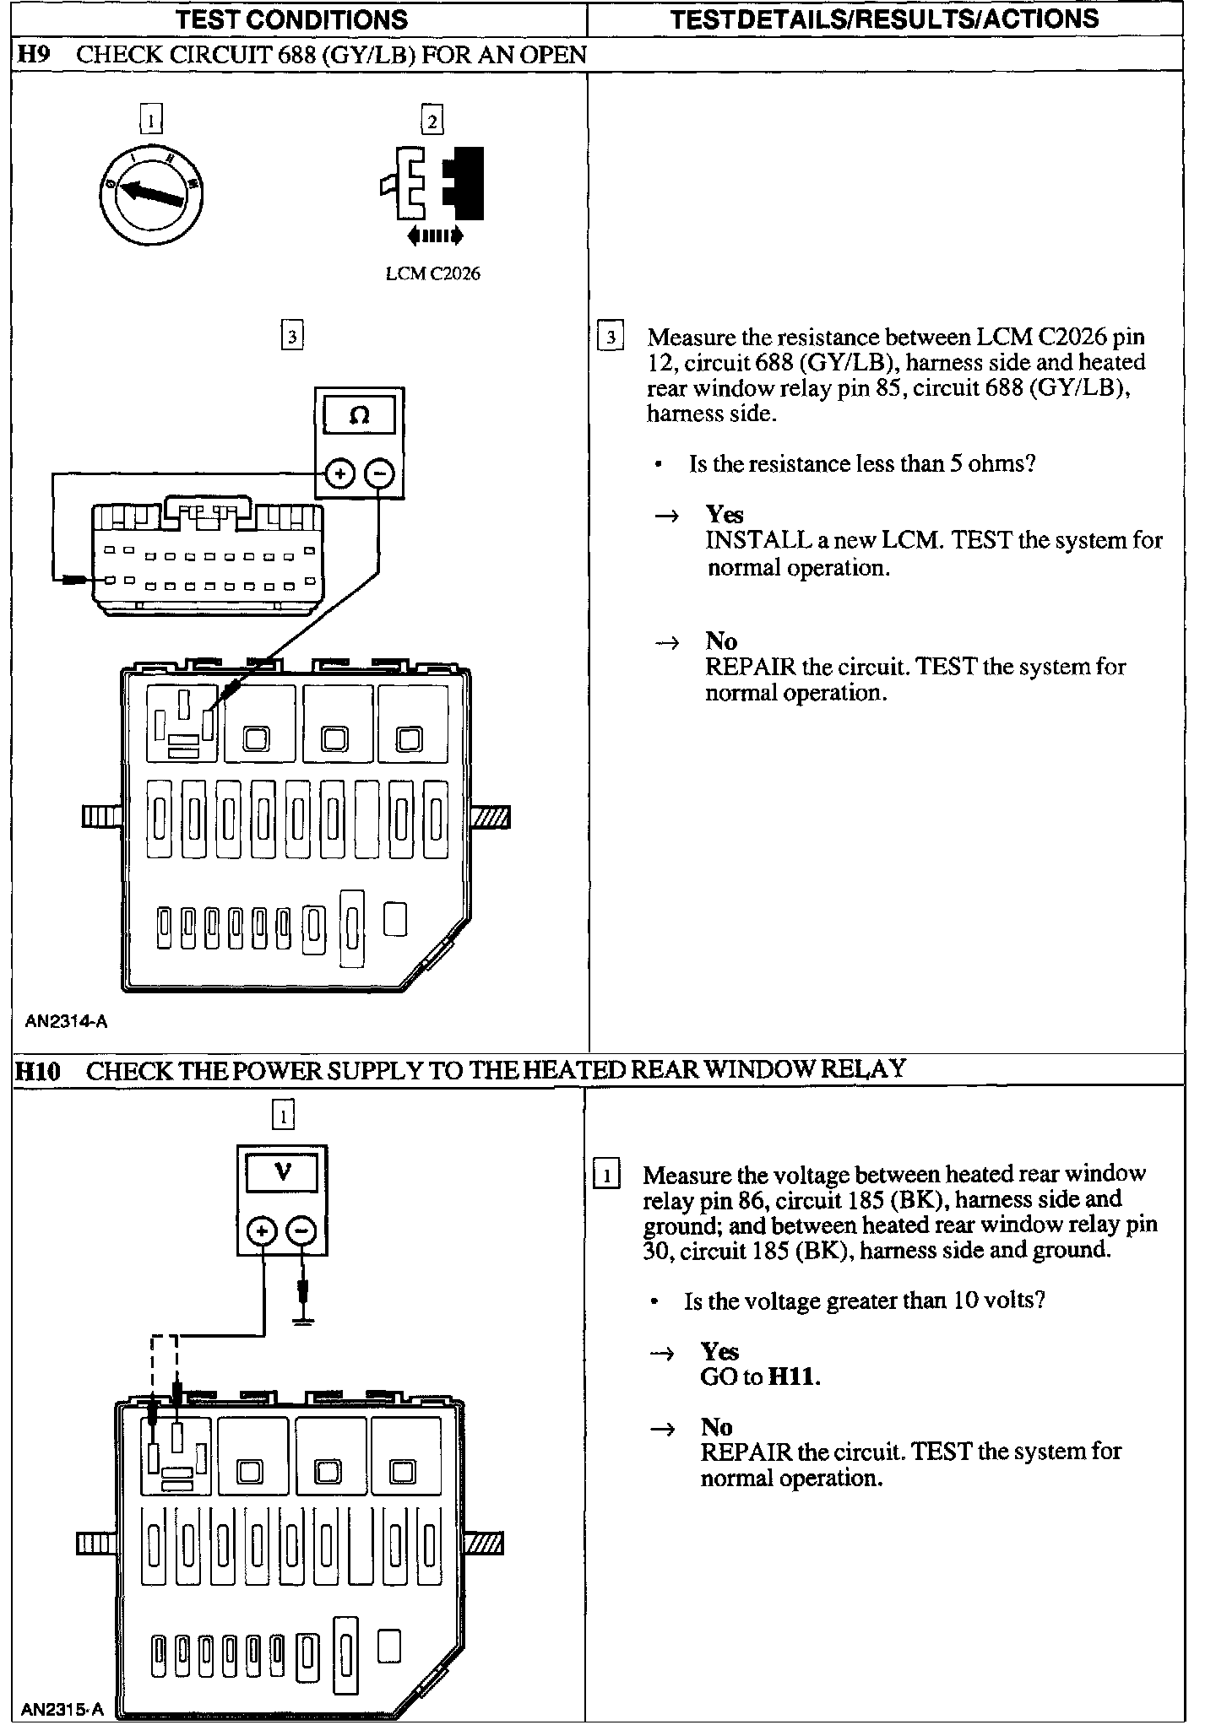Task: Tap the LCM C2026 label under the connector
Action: pos(432,273)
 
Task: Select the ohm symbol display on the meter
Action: pos(359,416)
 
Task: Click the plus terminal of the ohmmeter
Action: pos(339,474)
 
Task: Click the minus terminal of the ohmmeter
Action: pos(379,474)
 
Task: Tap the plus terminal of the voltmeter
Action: pos(263,1232)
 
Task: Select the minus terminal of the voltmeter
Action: pos(301,1232)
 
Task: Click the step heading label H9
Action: pos(35,55)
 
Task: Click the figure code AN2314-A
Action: pos(66,1022)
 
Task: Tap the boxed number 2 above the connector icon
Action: pos(432,122)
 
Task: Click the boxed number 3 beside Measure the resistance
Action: pos(610,338)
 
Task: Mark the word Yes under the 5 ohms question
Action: pos(725,514)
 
